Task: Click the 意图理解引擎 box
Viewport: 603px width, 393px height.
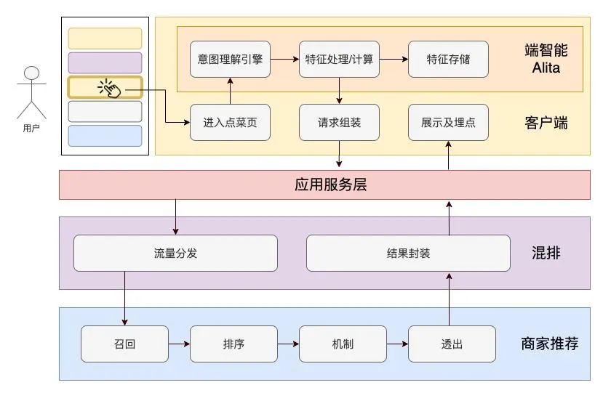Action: (x=230, y=60)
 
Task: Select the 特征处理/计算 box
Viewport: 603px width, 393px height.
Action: (x=339, y=60)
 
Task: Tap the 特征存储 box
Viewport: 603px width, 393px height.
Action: (x=448, y=60)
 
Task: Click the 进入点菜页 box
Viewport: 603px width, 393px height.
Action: (x=230, y=122)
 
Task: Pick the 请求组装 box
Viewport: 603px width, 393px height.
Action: (x=339, y=122)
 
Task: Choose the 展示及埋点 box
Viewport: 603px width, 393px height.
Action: (x=448, y=122)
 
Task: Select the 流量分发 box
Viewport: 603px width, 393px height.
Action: (x=175, y=253)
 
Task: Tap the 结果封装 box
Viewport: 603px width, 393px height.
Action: (x=408, y=253)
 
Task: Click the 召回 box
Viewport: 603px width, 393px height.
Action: (x=124, y=344)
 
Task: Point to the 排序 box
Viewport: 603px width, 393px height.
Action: (x=233, y=344)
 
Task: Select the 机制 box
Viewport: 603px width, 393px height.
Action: (x=343, y=344)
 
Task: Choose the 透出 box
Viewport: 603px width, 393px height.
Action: (x=452, y=344)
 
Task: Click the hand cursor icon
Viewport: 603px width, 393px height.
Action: (x=109, y=89)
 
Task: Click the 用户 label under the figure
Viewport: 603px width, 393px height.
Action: (x=31, y=128)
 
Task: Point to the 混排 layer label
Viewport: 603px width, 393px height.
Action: (x=546, y=253)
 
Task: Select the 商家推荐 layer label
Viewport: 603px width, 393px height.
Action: (x=549, y=344)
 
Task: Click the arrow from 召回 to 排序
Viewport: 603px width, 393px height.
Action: (x=179, y=344)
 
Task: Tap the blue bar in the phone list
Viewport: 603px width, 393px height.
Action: (x=105, y=136)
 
